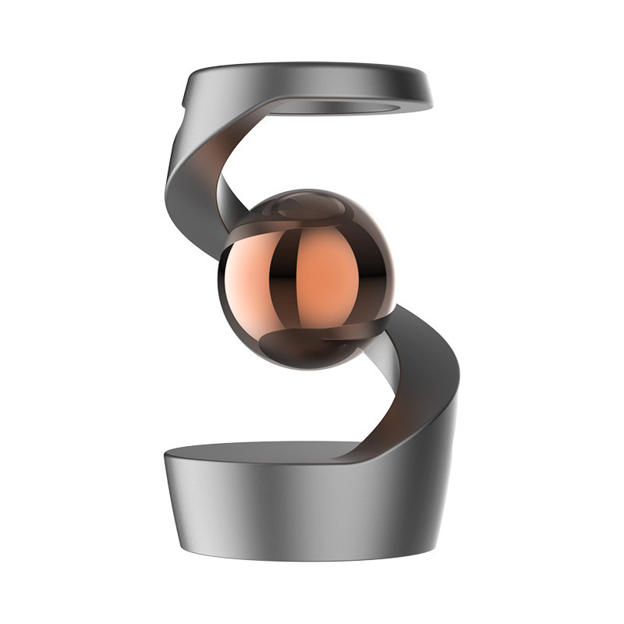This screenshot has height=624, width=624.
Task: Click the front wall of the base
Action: click(x=296, y=515)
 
